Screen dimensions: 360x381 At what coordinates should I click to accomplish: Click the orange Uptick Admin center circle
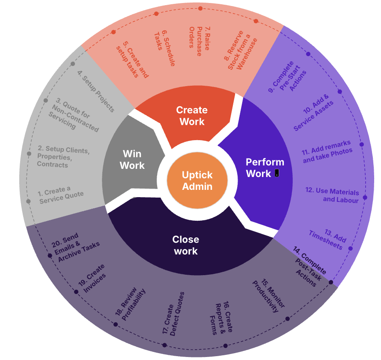coord(197,180)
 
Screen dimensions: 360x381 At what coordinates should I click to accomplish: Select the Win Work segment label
coord(132,159)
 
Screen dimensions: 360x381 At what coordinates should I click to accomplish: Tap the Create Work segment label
coord(192,116)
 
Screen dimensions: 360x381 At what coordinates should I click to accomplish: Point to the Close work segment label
coord(186,245)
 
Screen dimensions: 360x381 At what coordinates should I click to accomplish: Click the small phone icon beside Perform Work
coord(277,173)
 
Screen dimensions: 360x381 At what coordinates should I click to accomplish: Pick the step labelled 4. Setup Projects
coord(96,91)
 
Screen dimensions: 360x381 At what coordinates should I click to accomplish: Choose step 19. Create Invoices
coord(94,279)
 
